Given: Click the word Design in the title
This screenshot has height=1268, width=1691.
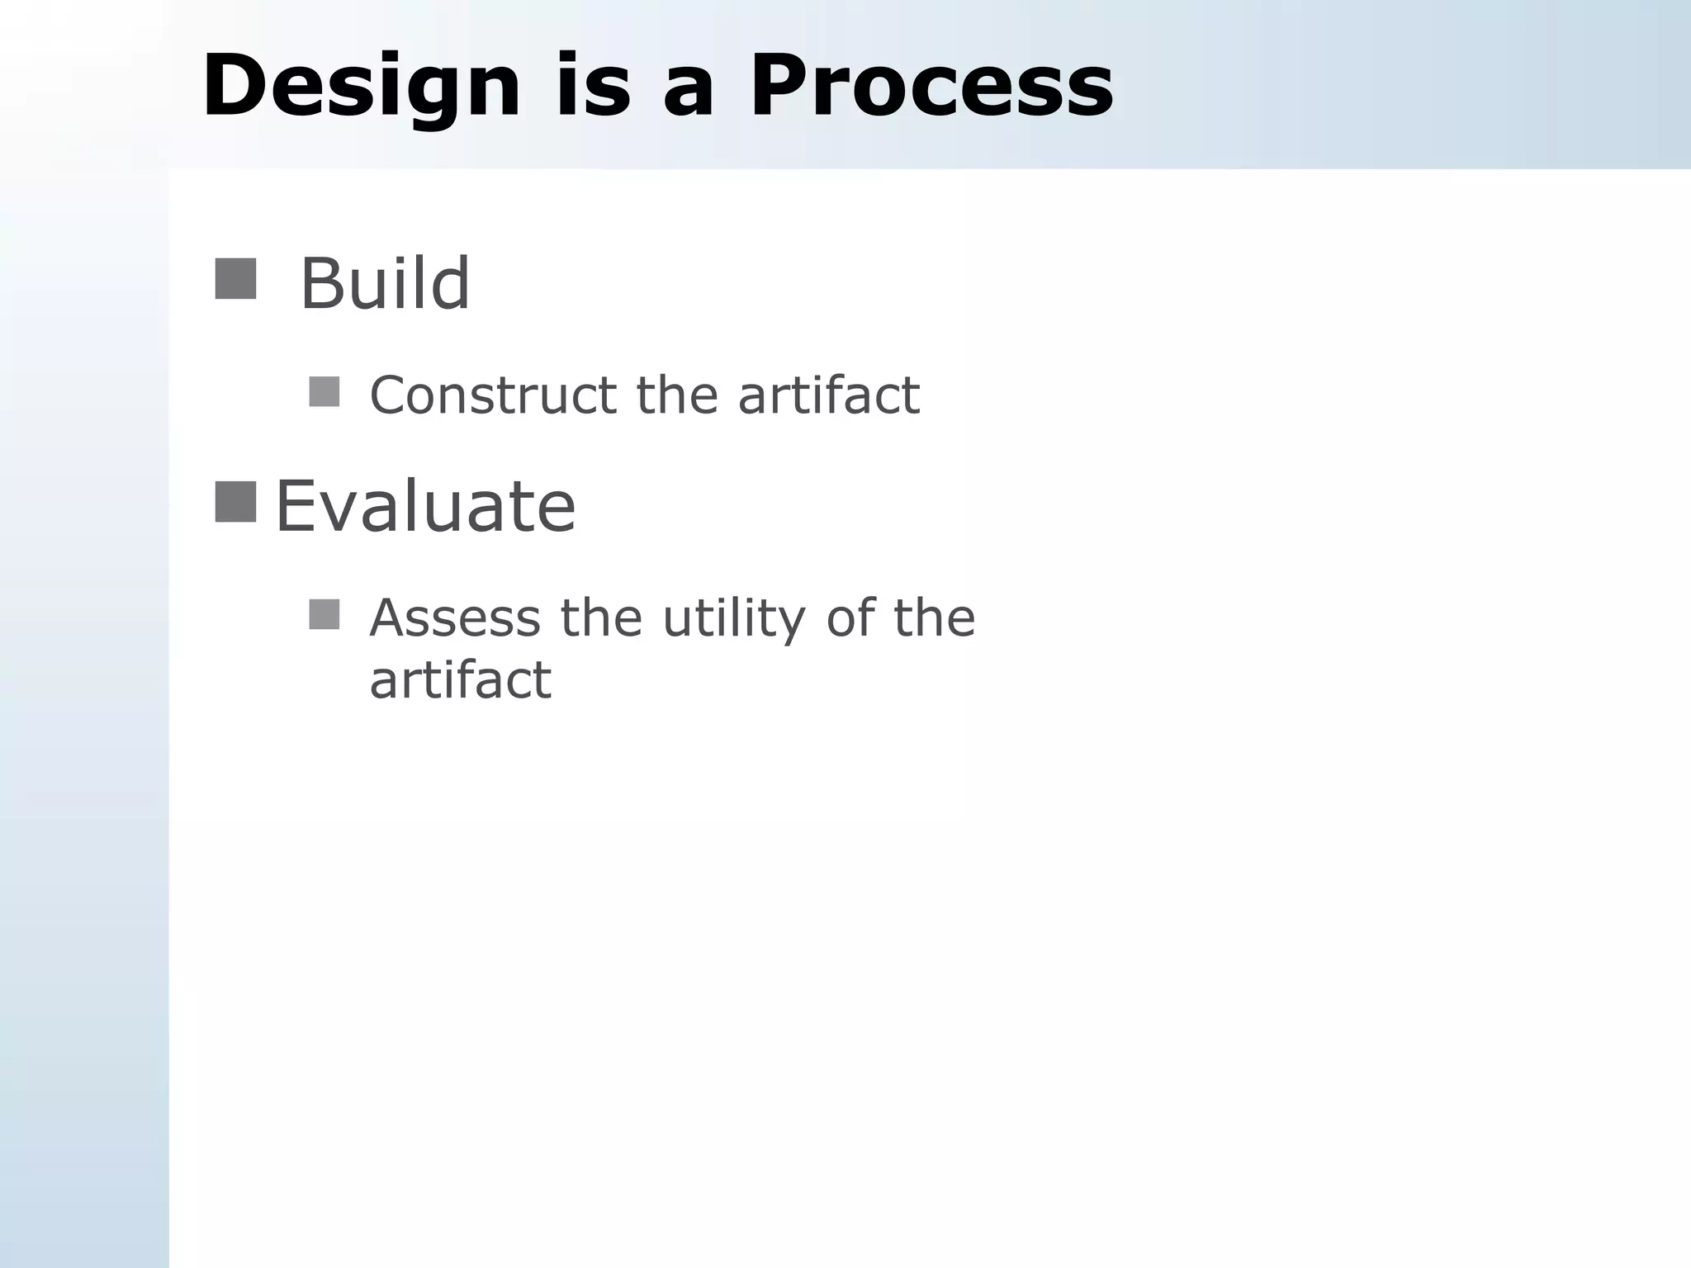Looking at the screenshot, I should pos(362,87).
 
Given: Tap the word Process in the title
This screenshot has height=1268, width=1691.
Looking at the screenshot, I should pos(931,87).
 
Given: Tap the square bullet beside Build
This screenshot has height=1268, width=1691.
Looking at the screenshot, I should pos(235,279).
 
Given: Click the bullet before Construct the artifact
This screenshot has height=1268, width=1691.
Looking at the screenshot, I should pos(324,392).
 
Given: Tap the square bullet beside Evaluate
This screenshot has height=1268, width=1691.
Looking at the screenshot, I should pos(235,502).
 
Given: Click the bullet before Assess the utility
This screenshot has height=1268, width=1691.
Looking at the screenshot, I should pos(324,615).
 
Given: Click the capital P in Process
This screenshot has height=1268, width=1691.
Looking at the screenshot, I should pos(779,87).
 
